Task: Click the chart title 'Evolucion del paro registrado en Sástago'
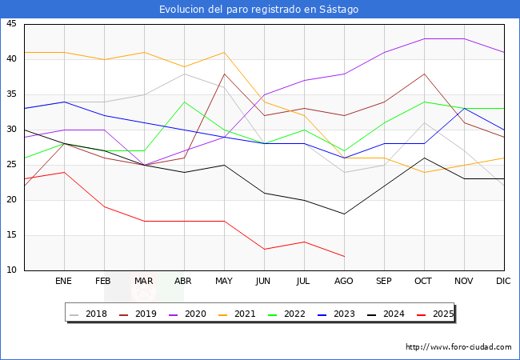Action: pos(259,10)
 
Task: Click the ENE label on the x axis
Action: pos(64,282)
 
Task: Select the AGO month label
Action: pos(344,282)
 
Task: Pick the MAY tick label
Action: pos(224,282)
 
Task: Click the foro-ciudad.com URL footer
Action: pos(458,347)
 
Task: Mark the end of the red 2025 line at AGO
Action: pos(344,256)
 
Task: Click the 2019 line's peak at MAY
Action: pos(224,74)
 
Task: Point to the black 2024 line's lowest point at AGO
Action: pos(344,214)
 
